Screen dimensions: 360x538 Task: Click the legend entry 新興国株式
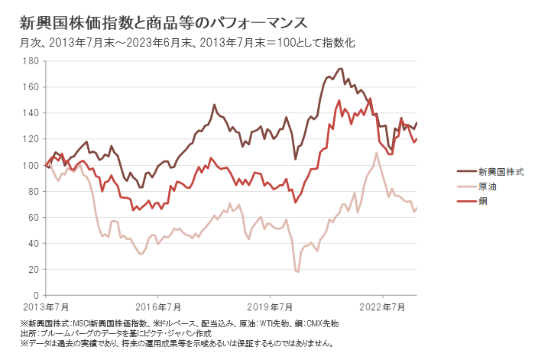click(x=501, y=173)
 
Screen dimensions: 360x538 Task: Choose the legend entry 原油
click(x=488, y=187)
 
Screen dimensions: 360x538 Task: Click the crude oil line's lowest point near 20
click(x=297, y=271)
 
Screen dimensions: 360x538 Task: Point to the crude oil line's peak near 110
click(x=377, y=153)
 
